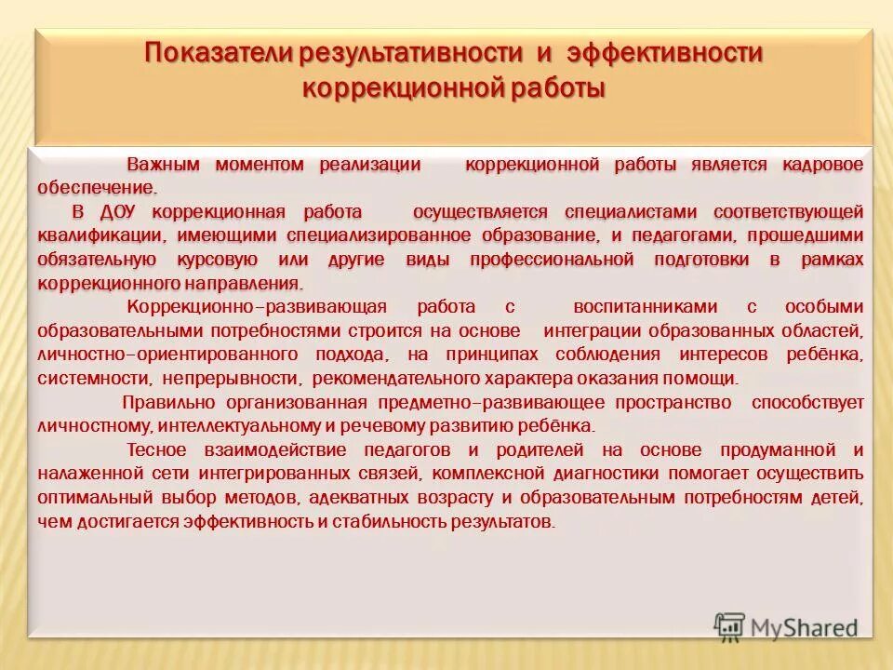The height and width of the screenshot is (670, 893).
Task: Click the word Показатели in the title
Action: pos(216,54)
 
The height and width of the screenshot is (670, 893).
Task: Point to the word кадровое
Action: pos(822,165)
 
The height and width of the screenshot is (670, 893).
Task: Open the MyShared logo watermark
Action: pos(786,627)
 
